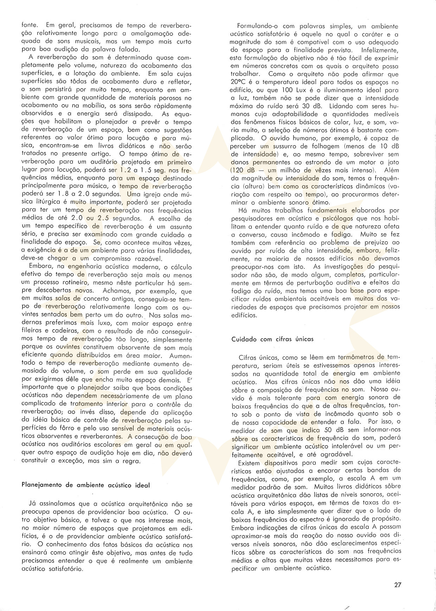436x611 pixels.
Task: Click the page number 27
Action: pos(398,585)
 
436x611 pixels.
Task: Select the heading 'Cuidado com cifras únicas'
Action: pos(272,339)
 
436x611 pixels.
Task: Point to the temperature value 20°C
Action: pos(239,82)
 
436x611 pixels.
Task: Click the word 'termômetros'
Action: pos(355,357)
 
